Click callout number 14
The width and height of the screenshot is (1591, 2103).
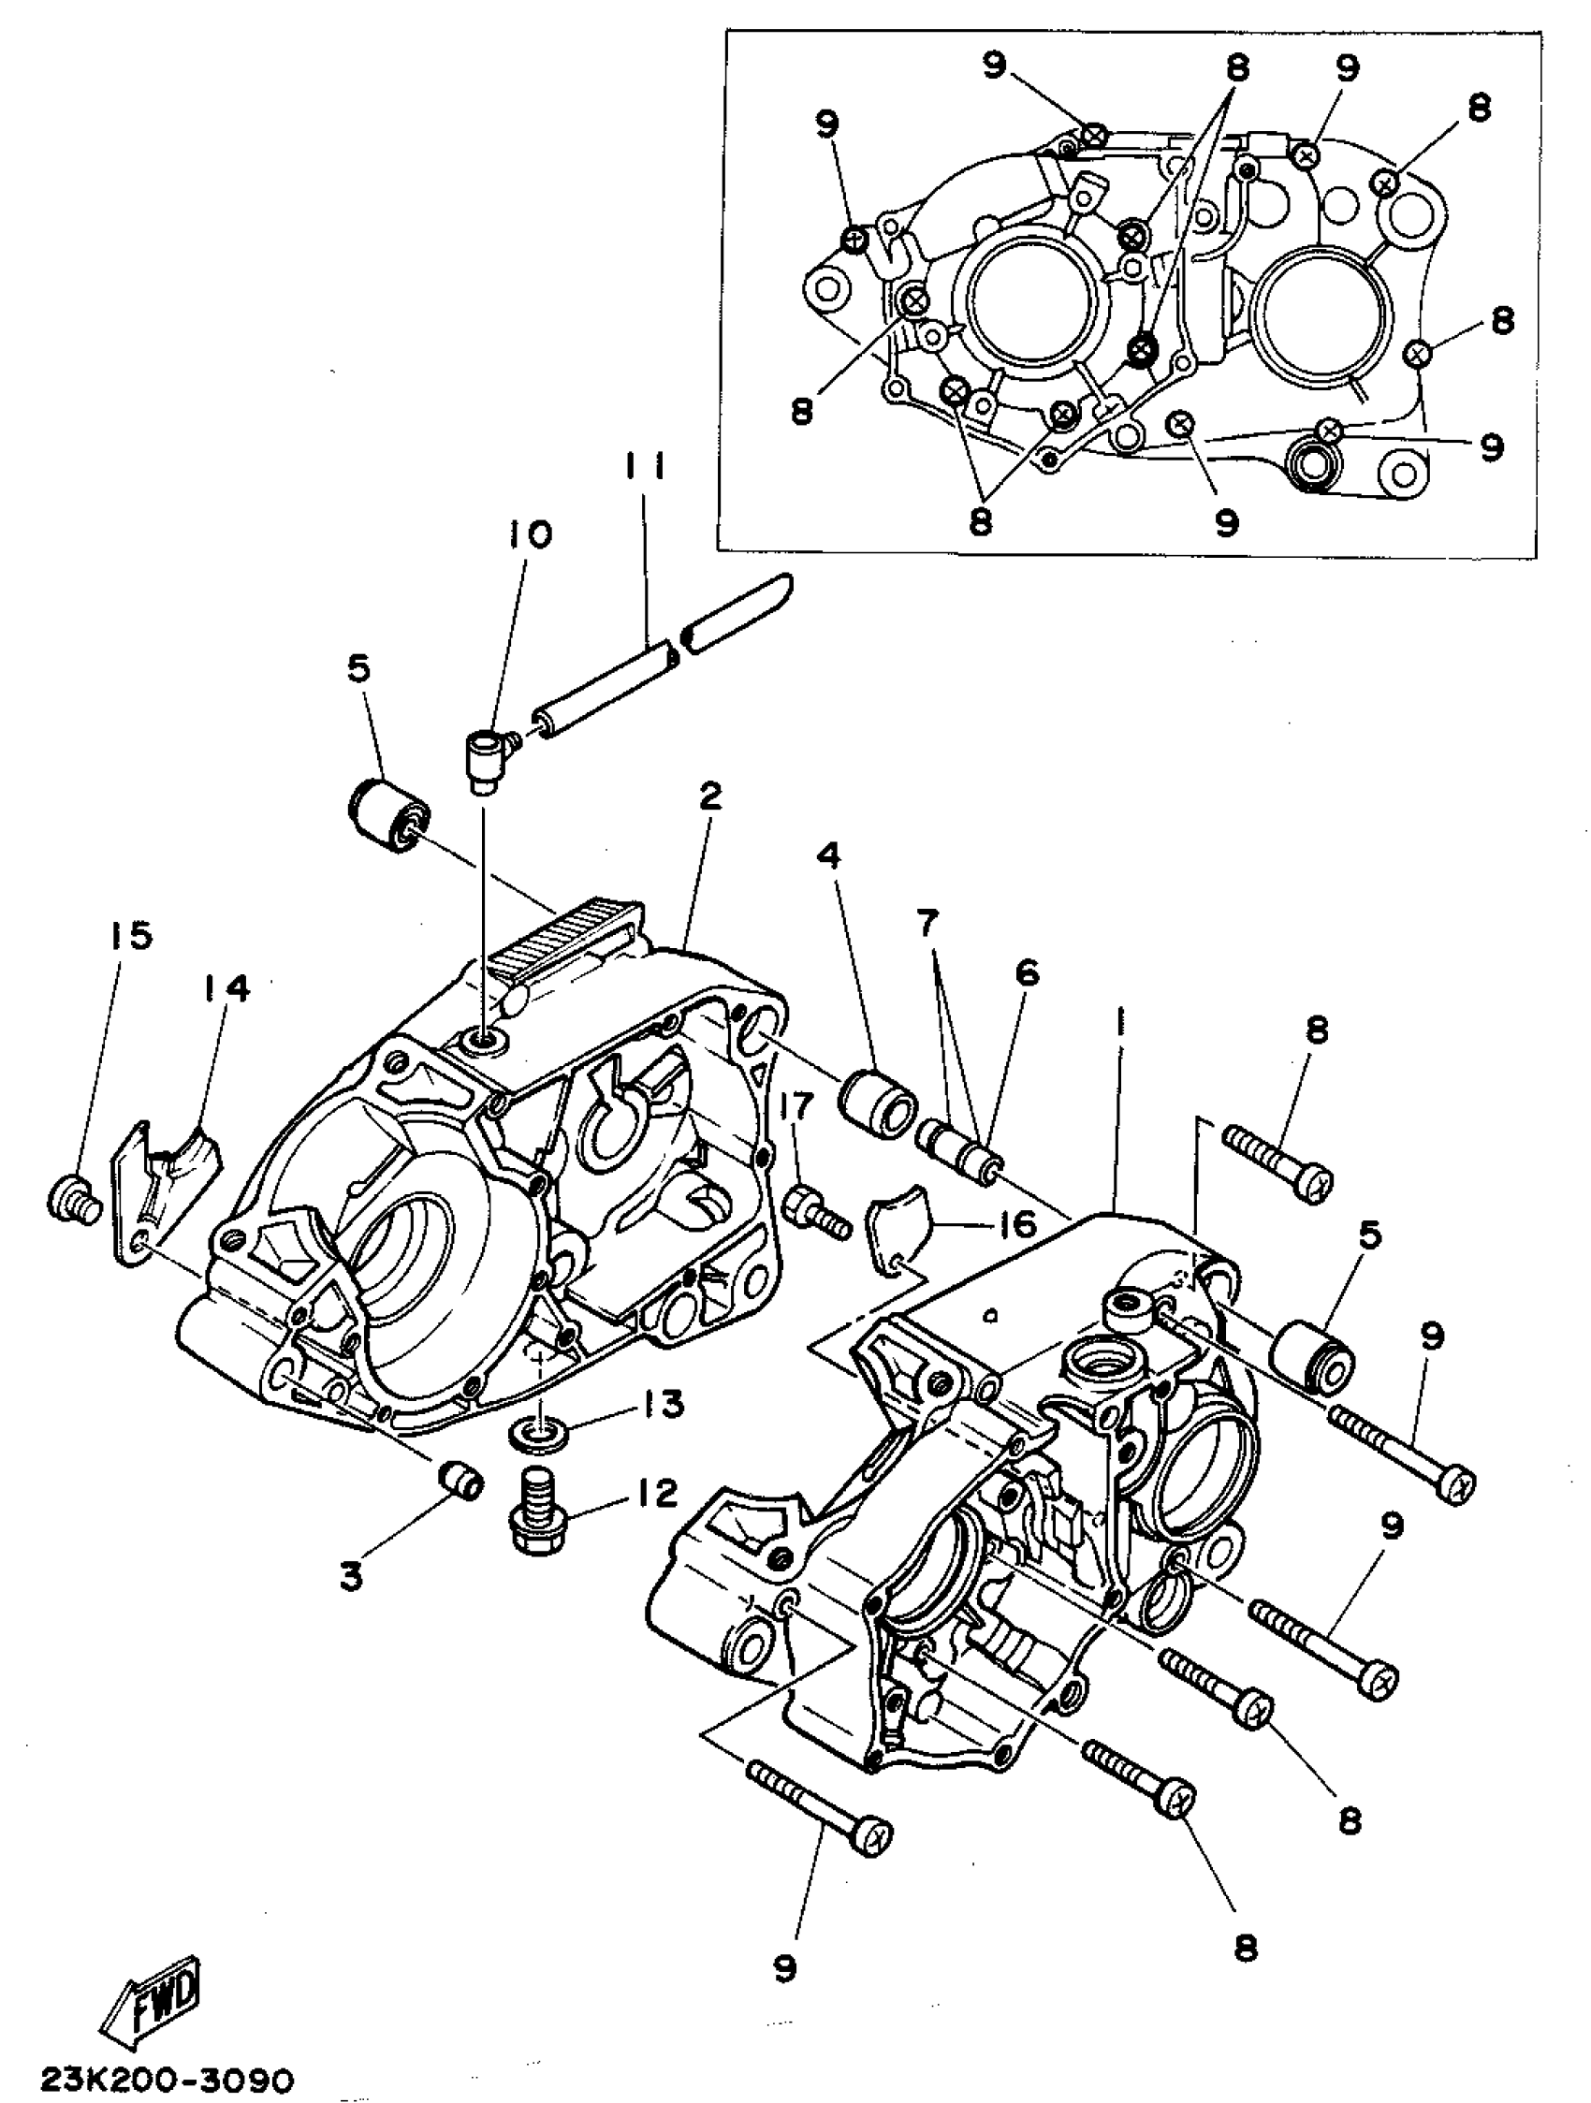[x=226, y=988]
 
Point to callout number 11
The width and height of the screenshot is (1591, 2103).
[x=646, y=468]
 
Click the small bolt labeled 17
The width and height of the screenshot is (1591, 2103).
[x=814, y=1212]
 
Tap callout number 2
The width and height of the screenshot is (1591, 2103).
[x=710, y=796]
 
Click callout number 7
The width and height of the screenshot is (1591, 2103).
[x=927, y=921]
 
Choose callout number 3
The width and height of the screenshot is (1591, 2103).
[x=353, y=1576]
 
